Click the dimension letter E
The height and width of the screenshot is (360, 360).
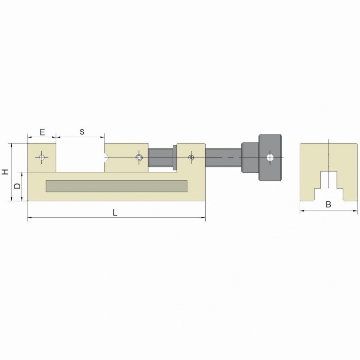click(x=42, y=132)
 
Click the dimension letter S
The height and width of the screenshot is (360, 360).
click(x=82, y=132)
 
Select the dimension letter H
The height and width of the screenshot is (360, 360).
click(x=5, y=171)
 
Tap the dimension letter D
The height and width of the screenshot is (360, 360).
click(x=17, y=186)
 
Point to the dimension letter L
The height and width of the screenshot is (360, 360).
click(x=115, y=212)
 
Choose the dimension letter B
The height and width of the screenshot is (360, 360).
click(x=328, y=204)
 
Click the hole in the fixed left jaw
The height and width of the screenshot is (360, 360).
click(x=42, y=157)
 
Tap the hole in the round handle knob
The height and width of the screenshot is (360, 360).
click(x=270, y=157)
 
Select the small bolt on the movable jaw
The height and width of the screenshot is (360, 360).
click(x=139, y=157)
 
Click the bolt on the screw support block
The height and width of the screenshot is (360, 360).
click(x=191, y=157)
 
